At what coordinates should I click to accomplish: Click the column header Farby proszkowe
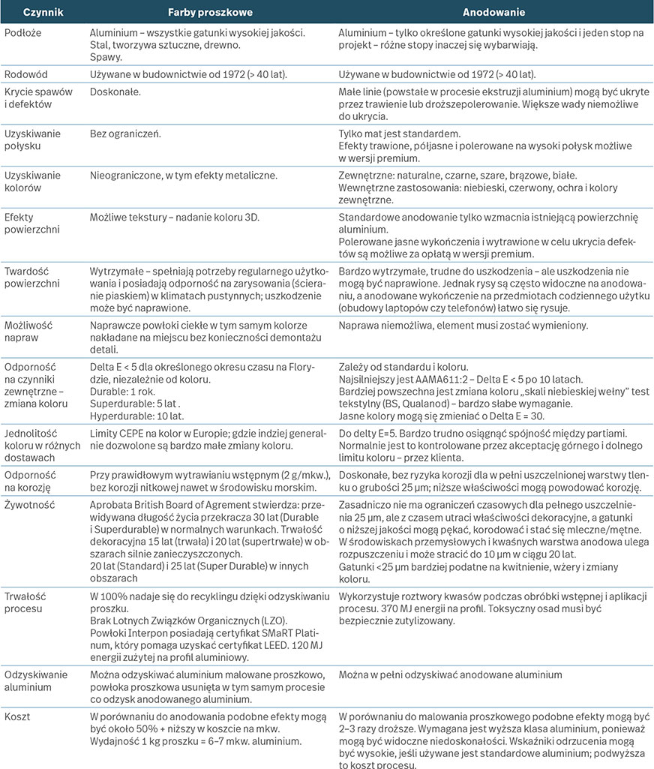coord(209,13)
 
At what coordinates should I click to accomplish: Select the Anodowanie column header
coord(493,13)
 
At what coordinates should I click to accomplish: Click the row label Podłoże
coord(22,34)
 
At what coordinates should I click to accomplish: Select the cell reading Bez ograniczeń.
coord(124,133)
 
